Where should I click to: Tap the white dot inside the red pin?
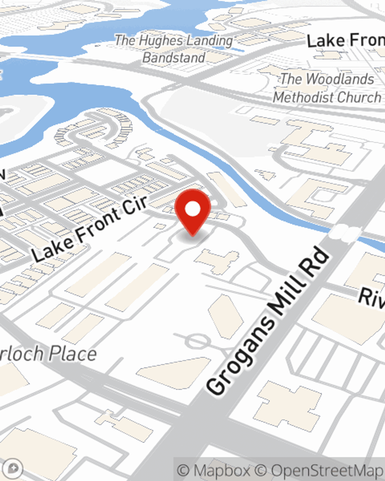pyautogui.click(x=192, y=209)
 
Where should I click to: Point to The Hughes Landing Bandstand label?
pyautogui.click(x=174, y=49)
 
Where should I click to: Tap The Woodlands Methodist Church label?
pyautogui.click(x=327, y=88)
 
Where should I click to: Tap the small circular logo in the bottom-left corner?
pyautogui.click(x=14, y=468)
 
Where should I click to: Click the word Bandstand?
pyautogui.click(x=174, y=58)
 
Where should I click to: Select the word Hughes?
pyautogui.click(x=158, y=40)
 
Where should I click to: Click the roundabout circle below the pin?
pyautogui.click(x=197, y=341)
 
